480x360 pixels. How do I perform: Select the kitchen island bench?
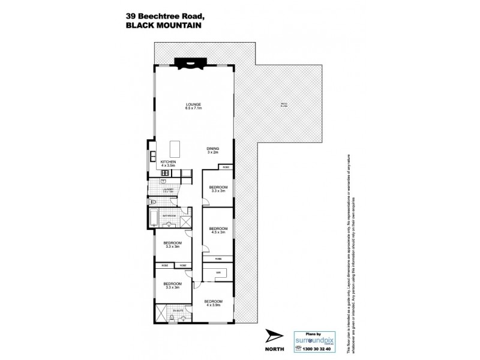point(175,148)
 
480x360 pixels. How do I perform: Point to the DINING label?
point(213,151)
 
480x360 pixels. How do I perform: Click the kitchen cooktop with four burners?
point(165,173)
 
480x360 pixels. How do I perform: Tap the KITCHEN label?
point(168,163)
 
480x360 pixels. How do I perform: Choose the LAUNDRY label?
point(167,190)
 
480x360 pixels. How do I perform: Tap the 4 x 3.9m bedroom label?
point(213,302)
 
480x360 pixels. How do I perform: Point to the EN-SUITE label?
point(178,311)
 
